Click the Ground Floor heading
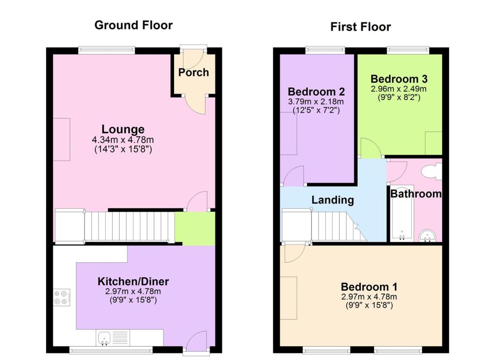(133, 25)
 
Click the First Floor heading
(361, 27)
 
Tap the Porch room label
(193, 72)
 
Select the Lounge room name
(123, 130)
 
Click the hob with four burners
(62, 297)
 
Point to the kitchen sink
(104, 338)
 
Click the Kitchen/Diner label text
(133, 282)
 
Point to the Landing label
(333, 200)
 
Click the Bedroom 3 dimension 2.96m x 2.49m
(399, 89)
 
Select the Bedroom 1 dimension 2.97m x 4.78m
(369, 297)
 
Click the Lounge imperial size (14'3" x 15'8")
(123, 149)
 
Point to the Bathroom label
(416, 194)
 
